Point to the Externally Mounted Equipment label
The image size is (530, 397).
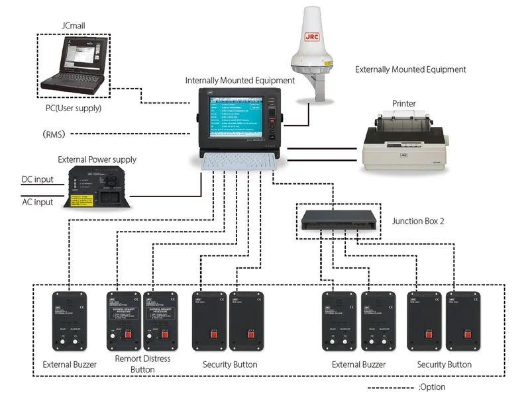[x=410, y=69]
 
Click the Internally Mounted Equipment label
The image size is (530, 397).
[x=240, y=81]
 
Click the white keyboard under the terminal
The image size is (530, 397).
[x=239, y=161]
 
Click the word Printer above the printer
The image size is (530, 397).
[x=405, y=103]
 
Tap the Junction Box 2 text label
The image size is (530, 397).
[x=418, y=221]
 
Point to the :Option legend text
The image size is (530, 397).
[x=432, y=387]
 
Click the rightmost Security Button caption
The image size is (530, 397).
[x=445, y=365]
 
